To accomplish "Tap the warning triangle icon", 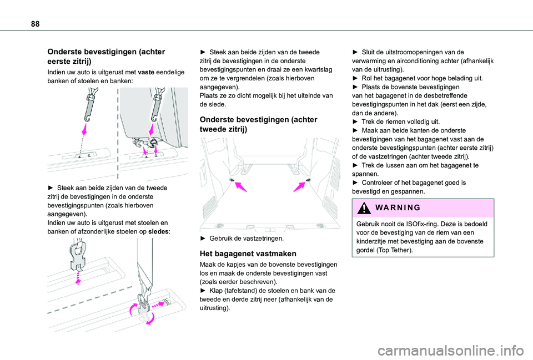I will click(x=364, y=208).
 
